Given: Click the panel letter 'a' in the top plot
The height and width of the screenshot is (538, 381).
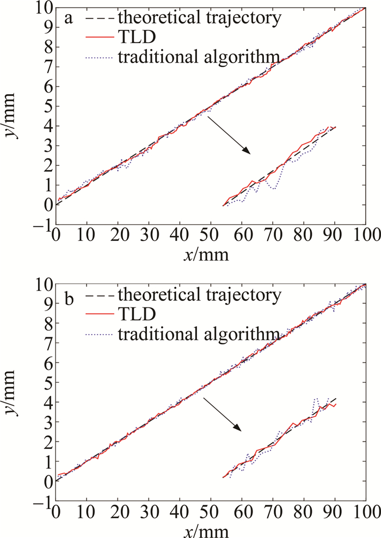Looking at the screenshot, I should point(69,18).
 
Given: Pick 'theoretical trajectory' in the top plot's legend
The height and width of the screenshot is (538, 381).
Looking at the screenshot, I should point(199,18).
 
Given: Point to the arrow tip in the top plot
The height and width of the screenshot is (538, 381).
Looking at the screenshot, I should point(251,154).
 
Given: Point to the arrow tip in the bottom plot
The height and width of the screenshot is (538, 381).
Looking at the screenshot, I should point(242,431).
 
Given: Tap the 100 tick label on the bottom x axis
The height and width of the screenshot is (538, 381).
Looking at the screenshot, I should point(364,511).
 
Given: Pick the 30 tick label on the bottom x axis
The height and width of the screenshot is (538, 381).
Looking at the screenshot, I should point(148,511).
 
